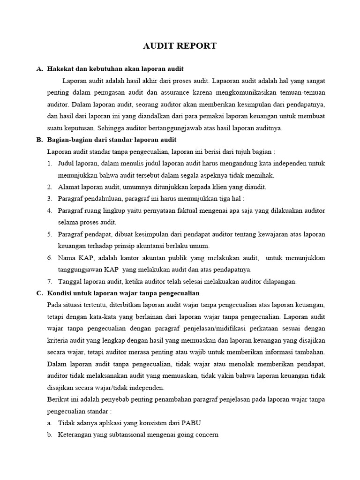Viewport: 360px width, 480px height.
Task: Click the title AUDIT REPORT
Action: coord(180,45)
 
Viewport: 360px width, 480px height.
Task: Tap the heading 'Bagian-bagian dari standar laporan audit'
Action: coord(112,140)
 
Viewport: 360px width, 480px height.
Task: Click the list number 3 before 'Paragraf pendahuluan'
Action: coord(50,199)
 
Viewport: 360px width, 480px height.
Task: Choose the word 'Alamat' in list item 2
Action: coord(69,187)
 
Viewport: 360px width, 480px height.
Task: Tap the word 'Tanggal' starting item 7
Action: coord(70,281)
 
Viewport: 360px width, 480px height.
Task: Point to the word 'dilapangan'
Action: coord(280,281)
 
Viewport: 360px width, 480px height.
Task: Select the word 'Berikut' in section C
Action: coord(59,399)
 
